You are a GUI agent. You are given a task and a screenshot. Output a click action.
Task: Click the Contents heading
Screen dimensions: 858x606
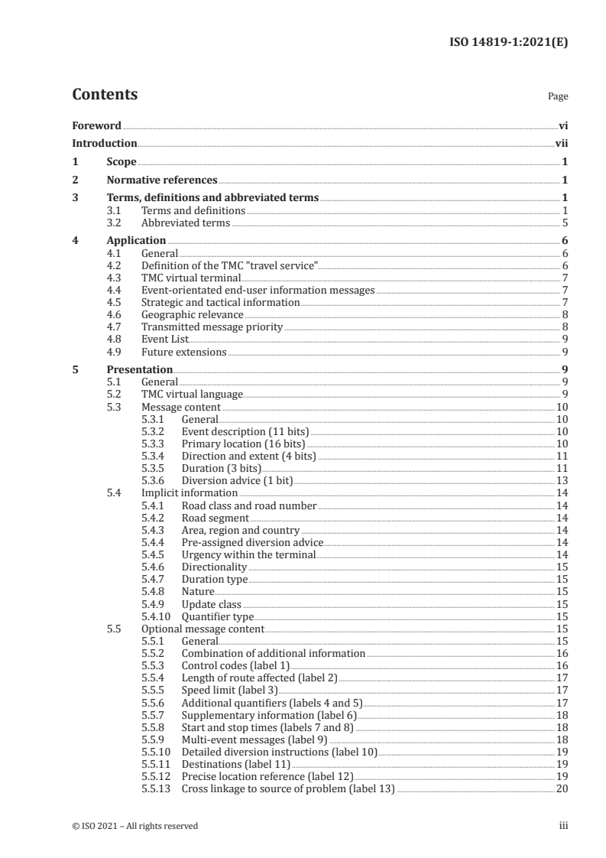coord(105,95)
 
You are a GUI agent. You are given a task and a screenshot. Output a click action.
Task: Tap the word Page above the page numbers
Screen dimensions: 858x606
coord(558,97)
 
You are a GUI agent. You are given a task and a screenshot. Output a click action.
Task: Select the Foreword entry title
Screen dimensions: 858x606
coord(96,125)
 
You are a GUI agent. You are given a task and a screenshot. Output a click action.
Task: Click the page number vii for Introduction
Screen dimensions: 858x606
coord(561,143)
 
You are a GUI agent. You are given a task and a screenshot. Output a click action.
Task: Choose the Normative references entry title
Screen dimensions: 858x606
coord(162,180)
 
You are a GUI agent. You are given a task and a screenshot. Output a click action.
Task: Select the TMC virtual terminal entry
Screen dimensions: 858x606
coord(192,278)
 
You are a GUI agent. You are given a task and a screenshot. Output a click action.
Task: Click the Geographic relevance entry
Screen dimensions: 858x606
coord(193,314)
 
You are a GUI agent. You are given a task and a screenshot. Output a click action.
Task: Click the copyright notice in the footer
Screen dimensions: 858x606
coord(135,825)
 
